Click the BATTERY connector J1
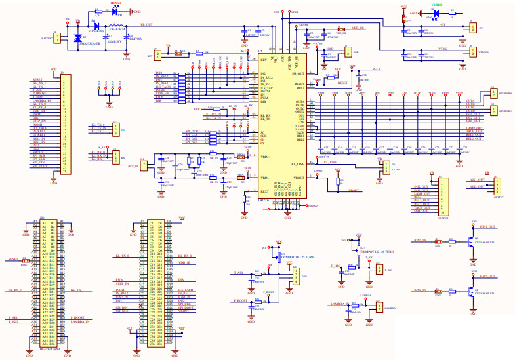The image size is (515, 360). pos(56,39)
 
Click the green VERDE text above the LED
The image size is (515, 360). pos(436,5)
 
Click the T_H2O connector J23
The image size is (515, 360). pos(370,270)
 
